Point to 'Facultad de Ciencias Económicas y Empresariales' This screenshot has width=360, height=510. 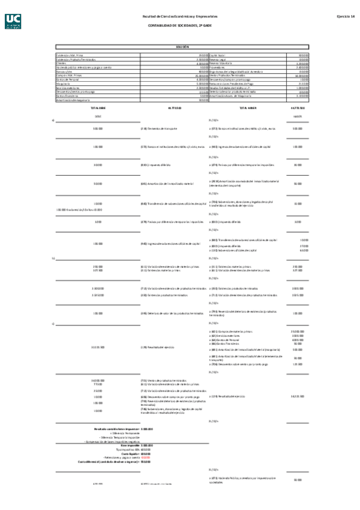tap(179, 16)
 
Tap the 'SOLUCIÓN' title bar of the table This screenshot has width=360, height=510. tap(182, 46)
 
